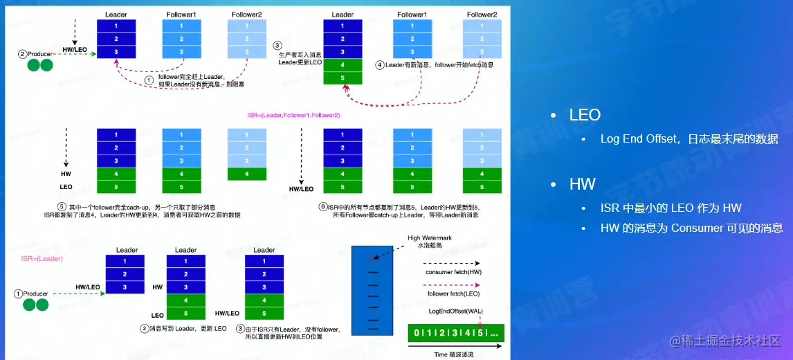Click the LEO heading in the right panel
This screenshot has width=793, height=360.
pos(585,115)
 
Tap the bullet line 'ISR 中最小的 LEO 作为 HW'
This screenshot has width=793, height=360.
pos(671,208)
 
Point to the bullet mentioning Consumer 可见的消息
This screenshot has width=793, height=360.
pos(691,228)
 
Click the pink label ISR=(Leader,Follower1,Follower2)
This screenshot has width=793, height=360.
pos(293,114)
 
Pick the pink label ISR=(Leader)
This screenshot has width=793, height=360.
pos(42,258)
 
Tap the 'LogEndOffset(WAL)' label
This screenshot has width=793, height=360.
pos(455,311)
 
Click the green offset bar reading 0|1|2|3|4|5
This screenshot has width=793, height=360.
pos(457,332)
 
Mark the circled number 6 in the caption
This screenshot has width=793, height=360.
pos(322,207)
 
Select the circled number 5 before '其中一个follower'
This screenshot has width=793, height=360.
pos(62,207)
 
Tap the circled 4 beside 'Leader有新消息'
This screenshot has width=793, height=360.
pos(380,65)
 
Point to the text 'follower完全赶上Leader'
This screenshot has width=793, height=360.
pos(201,76)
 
